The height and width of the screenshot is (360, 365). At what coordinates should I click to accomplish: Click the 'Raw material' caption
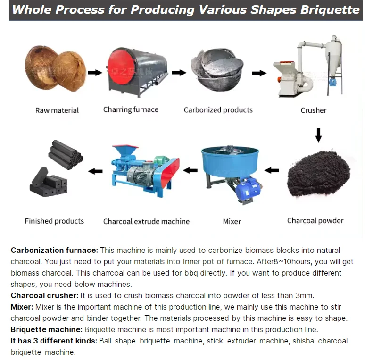pyautogui.click(x=57, y=110)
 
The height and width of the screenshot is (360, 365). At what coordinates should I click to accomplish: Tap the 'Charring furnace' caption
pyautogui.click(x=131, y=110)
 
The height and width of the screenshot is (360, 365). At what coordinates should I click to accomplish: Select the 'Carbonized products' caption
pyautogui.click(x=218, y=110)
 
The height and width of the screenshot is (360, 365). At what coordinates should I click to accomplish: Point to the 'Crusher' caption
pyautogui.click(x=314, y=110)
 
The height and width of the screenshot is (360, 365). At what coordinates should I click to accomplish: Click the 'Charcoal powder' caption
pyautogui.click(x=315, y=220)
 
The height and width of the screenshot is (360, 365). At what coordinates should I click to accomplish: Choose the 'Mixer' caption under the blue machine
pyautogui.click(x=232, y=221)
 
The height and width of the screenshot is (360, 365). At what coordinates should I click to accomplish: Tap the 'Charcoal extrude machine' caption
pyautogui.click(x=146, y=221)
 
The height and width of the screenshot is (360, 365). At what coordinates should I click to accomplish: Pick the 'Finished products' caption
pyautogui.click(x=54, y=221)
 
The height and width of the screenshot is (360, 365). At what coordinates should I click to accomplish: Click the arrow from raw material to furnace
pyautogui.click(x=95, y=73)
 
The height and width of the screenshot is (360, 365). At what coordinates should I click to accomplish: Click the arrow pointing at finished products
pyautogui.click(x=96, y=171)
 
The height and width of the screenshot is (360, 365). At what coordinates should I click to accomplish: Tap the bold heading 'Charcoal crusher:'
pyautogui.click(x=44, y=296)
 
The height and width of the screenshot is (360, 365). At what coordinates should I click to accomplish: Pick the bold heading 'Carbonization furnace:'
pyautogui.click(x=54, y=250)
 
